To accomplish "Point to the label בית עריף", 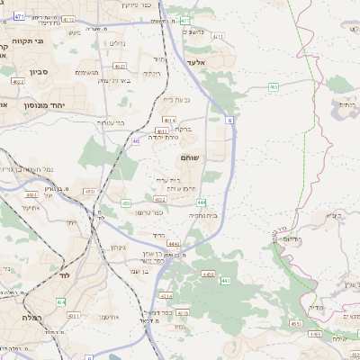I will [x=167, y=180].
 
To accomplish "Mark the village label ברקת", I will [x=183, y=129].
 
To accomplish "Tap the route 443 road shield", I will [x=225, y=281].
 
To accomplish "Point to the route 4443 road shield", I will [x=173, y=243].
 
